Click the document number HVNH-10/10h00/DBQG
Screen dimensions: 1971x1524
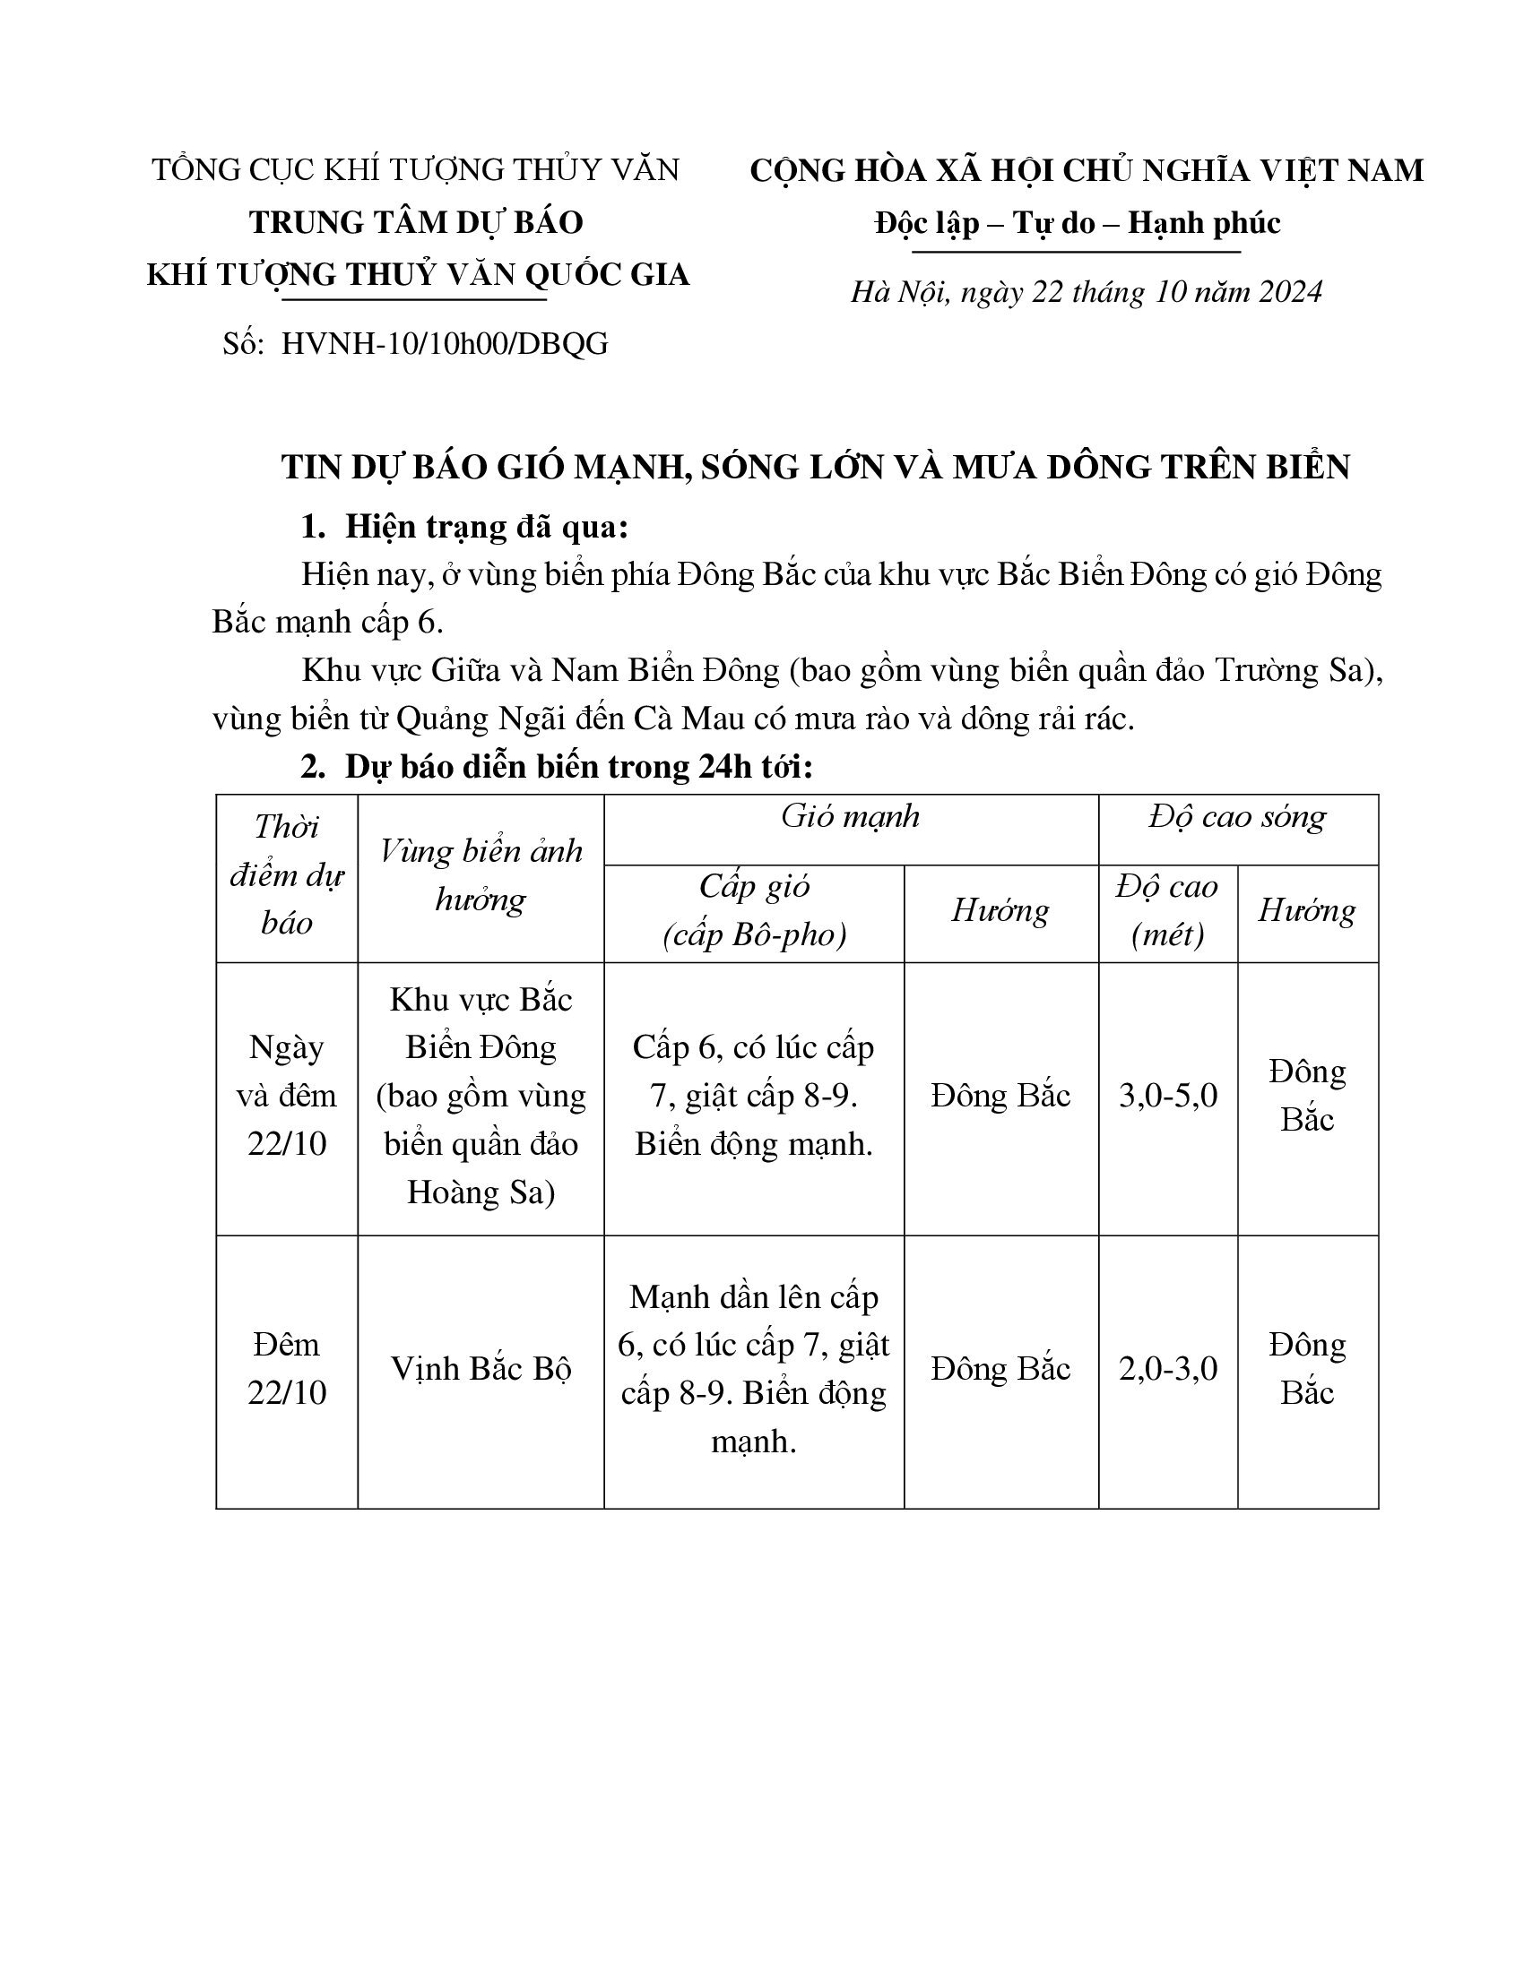pos(444,344)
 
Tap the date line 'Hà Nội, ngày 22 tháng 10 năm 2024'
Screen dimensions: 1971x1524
pos(1087,291)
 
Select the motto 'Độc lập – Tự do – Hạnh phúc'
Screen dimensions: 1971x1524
pos(1077,223)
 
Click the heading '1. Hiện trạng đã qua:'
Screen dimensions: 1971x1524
pos(465,527)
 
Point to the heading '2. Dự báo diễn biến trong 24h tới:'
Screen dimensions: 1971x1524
pos(557,766)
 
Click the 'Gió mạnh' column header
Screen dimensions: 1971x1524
pos(851,817)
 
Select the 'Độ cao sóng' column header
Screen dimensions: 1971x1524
pos(1237,817)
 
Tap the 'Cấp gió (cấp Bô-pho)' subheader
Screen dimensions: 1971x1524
pos(754,910)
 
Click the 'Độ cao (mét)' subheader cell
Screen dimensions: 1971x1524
pos(1167,910)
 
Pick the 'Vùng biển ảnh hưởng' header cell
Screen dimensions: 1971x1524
pos(481,875)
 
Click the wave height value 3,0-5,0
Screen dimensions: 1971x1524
pos(1167,1096)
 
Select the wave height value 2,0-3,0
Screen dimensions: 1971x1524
pos(1167,1369)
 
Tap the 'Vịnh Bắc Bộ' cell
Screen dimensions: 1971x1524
pos(481,1369)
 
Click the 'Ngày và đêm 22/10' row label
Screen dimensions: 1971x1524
pos(286,1096)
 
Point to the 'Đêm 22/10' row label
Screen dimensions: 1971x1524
pos(286,1369)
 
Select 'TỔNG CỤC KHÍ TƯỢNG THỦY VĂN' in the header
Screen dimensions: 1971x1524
pos(415,169)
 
